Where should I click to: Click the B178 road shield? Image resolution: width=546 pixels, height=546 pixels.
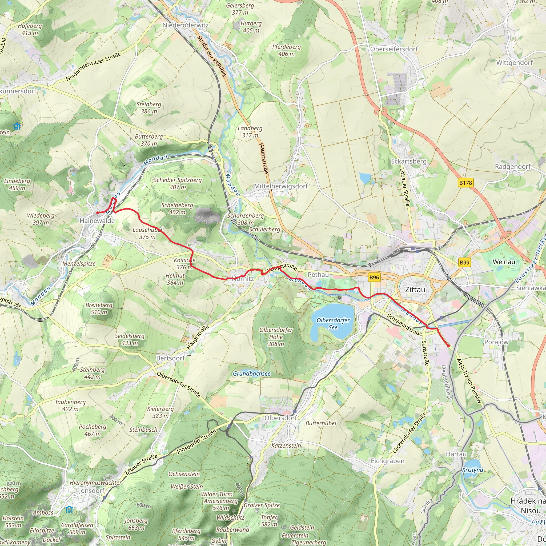[x=465, y=183]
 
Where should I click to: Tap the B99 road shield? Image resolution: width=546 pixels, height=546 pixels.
[x=464, y=263]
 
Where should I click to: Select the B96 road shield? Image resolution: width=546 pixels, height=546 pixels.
[x=374, y=278]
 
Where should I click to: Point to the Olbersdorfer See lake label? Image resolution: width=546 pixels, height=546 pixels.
[x=333, y=324]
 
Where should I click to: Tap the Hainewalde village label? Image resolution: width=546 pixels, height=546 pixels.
[x=97, y=221]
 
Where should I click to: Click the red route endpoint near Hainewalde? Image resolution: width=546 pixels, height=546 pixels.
[x=98, y=212]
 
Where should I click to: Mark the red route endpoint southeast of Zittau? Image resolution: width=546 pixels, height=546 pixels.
[x=448, y=346]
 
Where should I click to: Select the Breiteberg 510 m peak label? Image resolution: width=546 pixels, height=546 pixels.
[x=99, y=309]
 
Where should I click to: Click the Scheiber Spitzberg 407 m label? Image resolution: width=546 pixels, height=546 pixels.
[x=178, y=183]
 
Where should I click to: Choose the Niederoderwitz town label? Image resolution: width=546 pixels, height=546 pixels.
[x=185, y=25]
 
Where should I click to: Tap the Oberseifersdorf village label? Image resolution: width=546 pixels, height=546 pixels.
[x=394, y=49]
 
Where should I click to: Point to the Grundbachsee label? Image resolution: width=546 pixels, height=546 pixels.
[x=251, y=374]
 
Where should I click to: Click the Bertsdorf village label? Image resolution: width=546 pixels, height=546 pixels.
[x=170, y=358]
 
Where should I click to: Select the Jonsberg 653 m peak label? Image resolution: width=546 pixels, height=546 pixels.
[x=136, y=524]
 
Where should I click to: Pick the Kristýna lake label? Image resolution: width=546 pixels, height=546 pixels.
[x=472, y=470]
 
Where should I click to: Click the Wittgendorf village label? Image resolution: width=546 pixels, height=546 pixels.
[x=514, y=63]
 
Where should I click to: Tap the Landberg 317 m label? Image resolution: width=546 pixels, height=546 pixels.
[x=250, y=132]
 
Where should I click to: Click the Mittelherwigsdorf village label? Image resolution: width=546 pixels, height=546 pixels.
[x=281, y=186]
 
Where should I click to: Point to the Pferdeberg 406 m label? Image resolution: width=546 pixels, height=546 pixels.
[x=286, y=50]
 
